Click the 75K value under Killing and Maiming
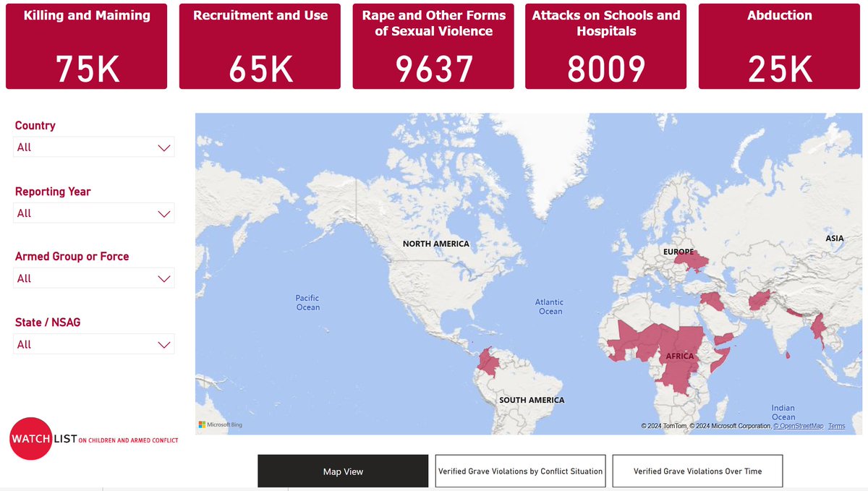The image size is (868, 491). tap(87, 69)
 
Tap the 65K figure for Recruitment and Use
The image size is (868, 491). tap(260, 69)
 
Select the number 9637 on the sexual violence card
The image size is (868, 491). tap(433, 69)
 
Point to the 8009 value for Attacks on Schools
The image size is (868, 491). tap(606, 69)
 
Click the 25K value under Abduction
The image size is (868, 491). tap(780, 69)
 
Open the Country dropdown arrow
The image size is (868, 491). tap(164, 148)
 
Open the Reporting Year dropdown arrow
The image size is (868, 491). tap(164, 213)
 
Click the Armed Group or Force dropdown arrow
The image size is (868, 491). tap(164, 278)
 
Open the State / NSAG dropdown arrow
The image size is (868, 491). tap(164, 344)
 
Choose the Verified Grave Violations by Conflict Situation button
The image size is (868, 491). tap(521, 471)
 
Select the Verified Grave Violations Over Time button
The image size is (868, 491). tap(697, 471)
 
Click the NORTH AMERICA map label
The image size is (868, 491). tap(435, 244)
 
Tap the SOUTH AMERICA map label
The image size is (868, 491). tap(531, 400)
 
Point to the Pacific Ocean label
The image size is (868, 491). tap(307, 302)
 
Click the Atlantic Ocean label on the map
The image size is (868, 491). tap(550, 307)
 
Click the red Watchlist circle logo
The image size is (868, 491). tap(31, 438)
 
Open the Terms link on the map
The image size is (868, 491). tap(836, 426)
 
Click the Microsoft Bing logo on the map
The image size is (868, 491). tap(221, 424)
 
